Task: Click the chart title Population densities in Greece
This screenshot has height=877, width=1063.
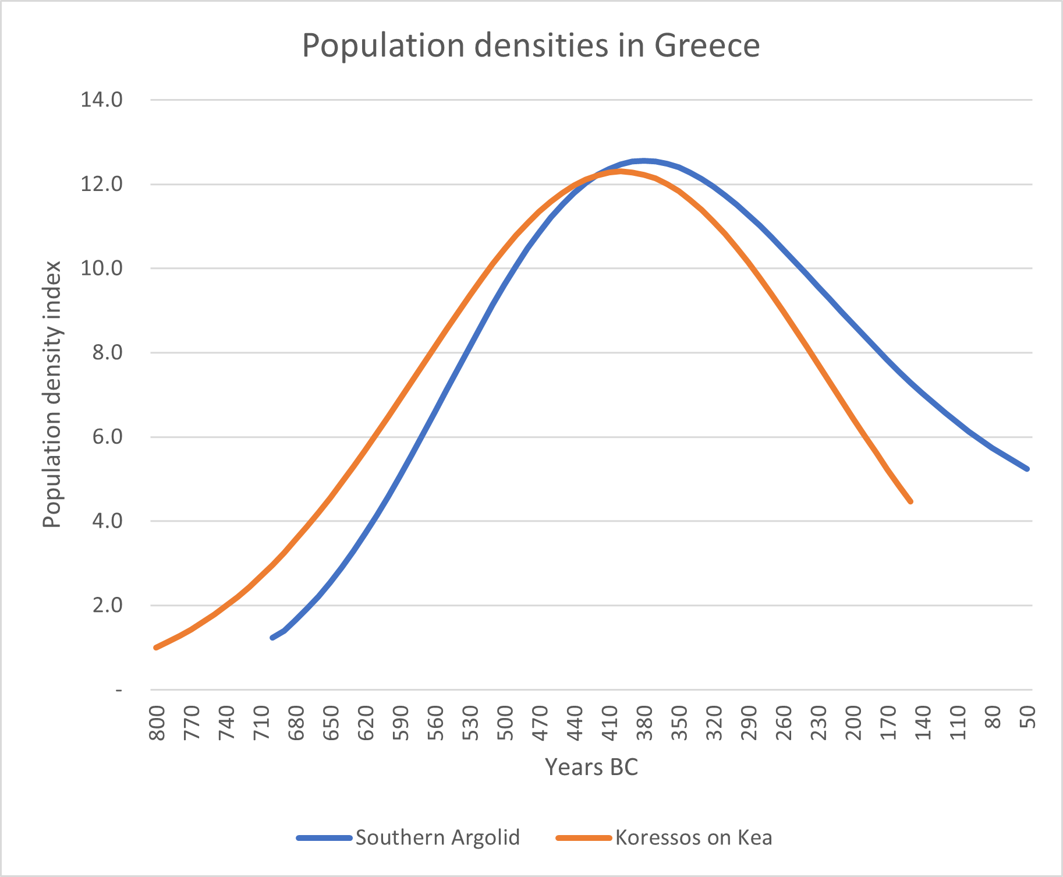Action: pos(530,45)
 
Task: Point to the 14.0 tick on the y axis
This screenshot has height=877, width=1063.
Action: pos(101,100)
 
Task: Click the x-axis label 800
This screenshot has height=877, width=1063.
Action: pos(157,723)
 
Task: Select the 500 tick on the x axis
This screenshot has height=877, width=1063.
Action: pos(506,723)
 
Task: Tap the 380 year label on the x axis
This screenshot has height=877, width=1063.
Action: pos(645,723)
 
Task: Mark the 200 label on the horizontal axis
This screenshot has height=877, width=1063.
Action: pos(854,723)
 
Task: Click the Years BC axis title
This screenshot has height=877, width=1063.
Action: pos(591,768)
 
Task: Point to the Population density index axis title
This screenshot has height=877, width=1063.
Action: pos(52,394)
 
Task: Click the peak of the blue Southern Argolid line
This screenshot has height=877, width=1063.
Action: pos(643,160)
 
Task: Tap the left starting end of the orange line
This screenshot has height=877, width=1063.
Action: pos(155,648)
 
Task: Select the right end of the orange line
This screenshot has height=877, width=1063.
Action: pos(910,501)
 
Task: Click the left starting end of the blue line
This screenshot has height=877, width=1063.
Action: pos(272,638)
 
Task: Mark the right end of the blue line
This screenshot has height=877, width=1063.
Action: pos(1027,469)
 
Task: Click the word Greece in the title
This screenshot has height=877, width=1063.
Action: pos(707,45)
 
